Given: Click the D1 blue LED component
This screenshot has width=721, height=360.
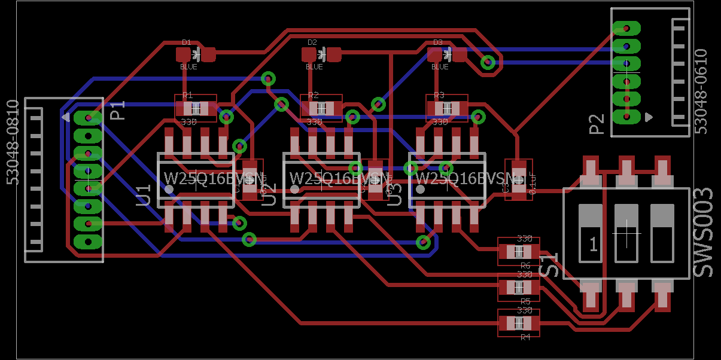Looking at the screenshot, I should pyautogui.click(x=196, y=55).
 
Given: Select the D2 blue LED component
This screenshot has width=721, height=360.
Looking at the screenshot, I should pyautogui.click(x=321, y=55).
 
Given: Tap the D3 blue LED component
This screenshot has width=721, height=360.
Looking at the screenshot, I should pyautogui.click(x=447, y=55).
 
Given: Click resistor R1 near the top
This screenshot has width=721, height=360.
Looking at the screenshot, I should pyautogui.click(x=196, y=108).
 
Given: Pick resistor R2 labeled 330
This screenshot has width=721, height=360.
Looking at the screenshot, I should pyautogui.click(x=321, y=108).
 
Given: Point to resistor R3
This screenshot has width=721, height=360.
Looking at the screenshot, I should pyautogui.click(x=447, y=108).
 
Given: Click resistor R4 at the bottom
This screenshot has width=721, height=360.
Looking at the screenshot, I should pyautogui.click(x=519, y=324).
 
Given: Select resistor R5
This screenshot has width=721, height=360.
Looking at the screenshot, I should pyautogui.click(x=519, y=288).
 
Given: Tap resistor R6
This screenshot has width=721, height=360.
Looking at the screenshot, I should pyautogui.click(x=519, y=252).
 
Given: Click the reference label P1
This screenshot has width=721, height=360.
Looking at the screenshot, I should pyautogui.click(x=118, y=110).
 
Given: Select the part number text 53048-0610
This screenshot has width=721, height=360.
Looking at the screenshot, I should pyautogui.click(x=701, y=91).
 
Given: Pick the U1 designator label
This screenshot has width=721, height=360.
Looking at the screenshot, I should pyautogui.click(x=144, y=195).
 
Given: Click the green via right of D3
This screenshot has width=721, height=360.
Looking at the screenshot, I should pyautogui.click(x=489, y=62).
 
